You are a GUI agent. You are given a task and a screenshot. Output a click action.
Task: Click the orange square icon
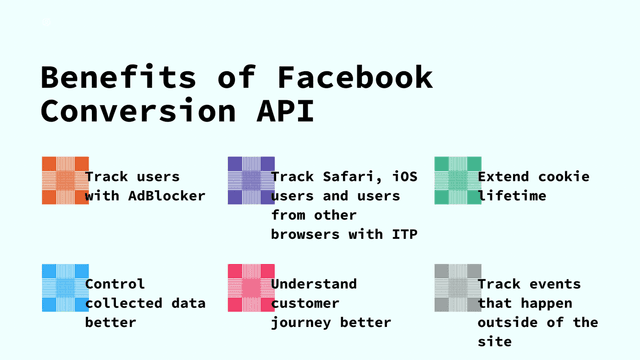click(x=65, y=180)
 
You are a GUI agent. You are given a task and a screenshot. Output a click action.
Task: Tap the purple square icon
click(x=251, y=180)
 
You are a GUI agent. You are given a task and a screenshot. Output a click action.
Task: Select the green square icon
click(x=457, y=180)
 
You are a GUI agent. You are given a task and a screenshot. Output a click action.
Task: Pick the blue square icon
click(x=65, y=288)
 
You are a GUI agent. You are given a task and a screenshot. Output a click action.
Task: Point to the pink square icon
click(x=251, y=288)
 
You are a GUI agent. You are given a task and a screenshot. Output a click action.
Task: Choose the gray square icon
click(x=457, y=288)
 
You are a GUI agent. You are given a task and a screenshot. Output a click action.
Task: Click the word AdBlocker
click(x=166, y=196)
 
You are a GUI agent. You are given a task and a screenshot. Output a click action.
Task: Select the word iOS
click(x=404, y=177)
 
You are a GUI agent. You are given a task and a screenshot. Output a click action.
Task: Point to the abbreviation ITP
click(x=403, y=234)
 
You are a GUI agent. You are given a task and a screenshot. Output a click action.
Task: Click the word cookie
click(x=565, y=177)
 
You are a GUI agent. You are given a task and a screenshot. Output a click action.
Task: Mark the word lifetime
click(x=512, y=196)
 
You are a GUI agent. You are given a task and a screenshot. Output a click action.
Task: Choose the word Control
click(x=115, y=284)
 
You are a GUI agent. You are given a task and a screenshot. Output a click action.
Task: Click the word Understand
click(x=313, y=284)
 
